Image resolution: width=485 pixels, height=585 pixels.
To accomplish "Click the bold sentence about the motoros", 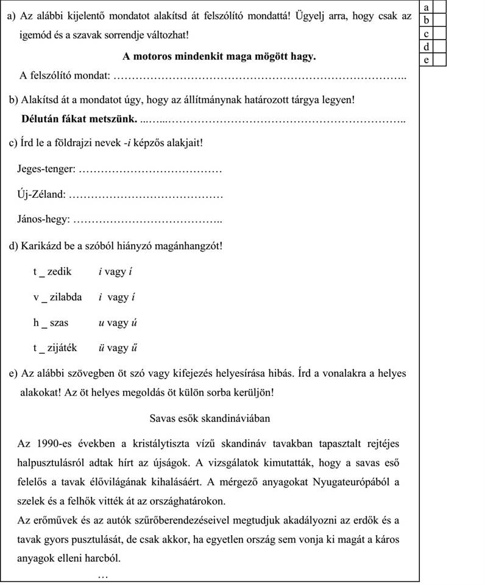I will pyautogui.click(x=219, y=56).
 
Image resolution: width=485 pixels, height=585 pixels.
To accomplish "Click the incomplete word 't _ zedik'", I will pyautogui.click(x=52, y=271).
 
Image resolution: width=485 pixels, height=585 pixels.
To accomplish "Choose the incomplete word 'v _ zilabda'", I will pyautogui.click(x=57, y=297).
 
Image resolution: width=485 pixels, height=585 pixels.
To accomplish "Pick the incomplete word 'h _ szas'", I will pyautogui.click(x=51, y=323).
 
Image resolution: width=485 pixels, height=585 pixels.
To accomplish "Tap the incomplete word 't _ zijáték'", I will pyautogui.click(x=55, y=348).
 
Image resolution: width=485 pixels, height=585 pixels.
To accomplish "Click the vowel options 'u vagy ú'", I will pyautogui.click(x=113, y=323).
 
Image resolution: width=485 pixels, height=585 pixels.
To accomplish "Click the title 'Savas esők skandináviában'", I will pyautogui.click(x=210, y=418).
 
